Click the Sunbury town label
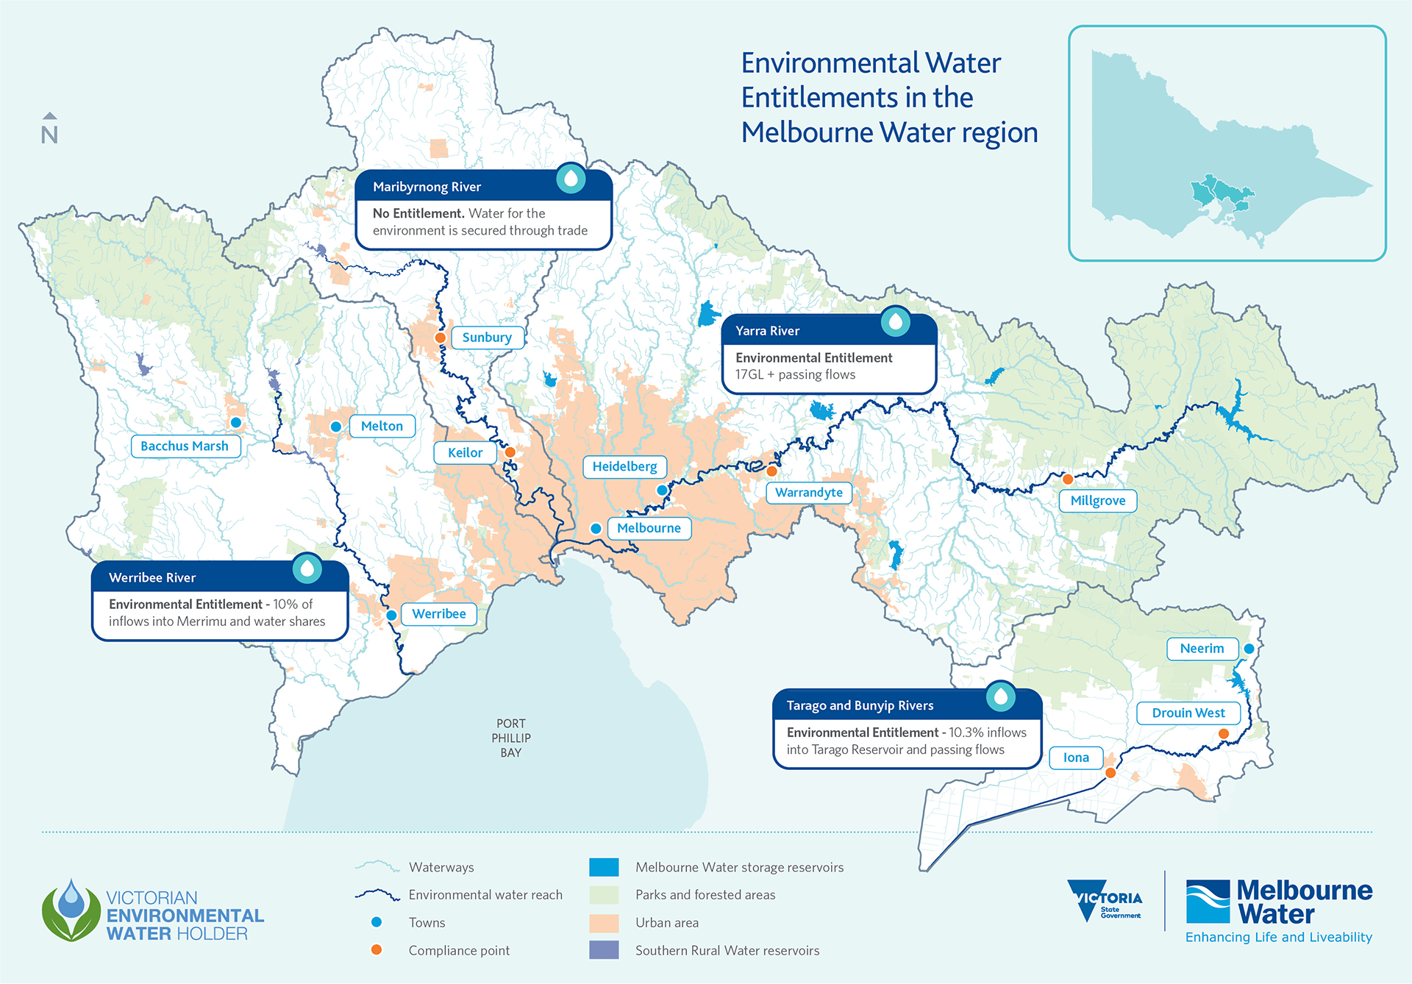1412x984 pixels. click(487, 338)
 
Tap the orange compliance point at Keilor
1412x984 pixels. click(510, 452)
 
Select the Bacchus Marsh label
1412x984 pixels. click(185, 446)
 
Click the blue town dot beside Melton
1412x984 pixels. click(336, 427)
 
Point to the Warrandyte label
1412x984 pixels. click(808, 493)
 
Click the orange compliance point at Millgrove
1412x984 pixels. click(1068, 479)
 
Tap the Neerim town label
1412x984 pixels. click(1202, 649)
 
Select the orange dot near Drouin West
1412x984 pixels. click(1224, 734)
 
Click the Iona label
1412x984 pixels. click(1076, 757)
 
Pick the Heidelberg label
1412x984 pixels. click(624, 467)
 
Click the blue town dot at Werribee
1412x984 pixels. click(392, 616)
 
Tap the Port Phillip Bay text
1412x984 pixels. click(511, 738)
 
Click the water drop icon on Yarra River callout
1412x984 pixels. click(896, 321)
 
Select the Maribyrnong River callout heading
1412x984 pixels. click(427, 187)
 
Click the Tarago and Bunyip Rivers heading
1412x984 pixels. click(860, 706)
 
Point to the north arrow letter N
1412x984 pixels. click(49, 135)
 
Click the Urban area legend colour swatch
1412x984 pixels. click(604, 923)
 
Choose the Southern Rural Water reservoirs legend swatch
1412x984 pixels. click(604, 950)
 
